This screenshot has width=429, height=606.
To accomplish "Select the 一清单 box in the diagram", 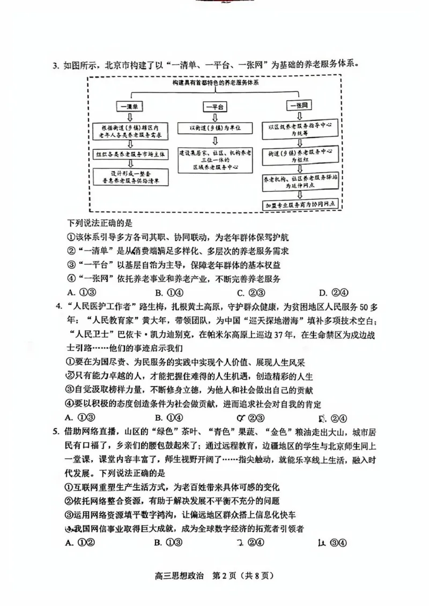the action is pos(131,106).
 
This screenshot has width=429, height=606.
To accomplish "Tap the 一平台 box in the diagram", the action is pos(214,107).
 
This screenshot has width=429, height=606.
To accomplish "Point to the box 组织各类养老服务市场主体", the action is pos(130,153).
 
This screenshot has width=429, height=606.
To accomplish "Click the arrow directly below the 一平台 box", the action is pos(214,117).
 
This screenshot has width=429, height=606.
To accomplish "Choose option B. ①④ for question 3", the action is pos(169,292).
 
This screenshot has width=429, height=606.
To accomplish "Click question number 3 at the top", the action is pos(55,65).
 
